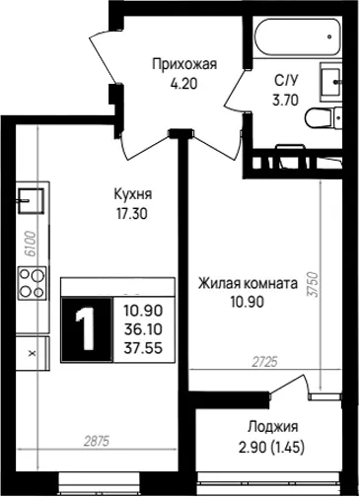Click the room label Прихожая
(184, 64)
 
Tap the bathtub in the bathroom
(297, 36)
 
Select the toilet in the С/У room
(324, 118)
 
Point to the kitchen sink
(31, 201)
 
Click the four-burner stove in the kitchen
(32, 283)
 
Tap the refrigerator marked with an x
(33, 353)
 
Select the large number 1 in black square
(87, 329)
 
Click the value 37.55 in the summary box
(143, 348)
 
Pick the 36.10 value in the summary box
(143, 329)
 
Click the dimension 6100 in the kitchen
(31, 244)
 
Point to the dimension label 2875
(96, 441)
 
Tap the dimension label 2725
(265, 362)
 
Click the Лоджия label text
(273, 427)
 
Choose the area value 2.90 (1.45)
(272, 448)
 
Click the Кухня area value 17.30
(131, 214)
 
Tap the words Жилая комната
(248, 283)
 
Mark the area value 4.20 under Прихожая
(183, 84)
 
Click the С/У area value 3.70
(285, 100)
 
